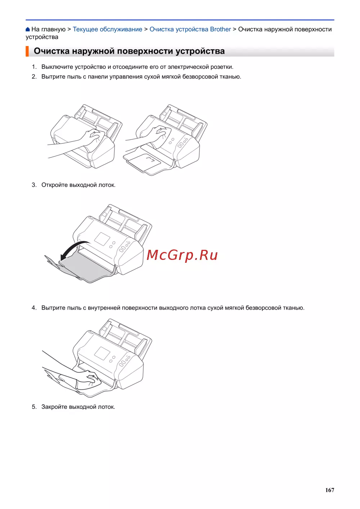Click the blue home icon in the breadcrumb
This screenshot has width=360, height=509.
click(28, 29)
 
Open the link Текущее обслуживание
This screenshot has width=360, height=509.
click(107, 29)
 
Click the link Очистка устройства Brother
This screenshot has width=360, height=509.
click(190, 29)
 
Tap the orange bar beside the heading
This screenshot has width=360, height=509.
click(27, 51)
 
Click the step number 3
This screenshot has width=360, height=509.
click(34, 185)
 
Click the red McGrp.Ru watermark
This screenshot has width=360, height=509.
click(182, 255)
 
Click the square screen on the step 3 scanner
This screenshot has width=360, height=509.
click(102, 239)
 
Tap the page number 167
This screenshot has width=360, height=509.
click(329, 490)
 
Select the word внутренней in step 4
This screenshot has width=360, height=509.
click(104, 308)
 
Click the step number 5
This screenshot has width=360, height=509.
click(34, 407)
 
